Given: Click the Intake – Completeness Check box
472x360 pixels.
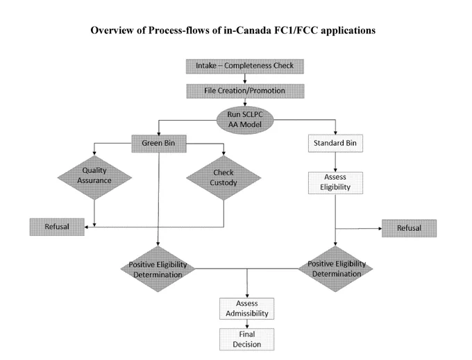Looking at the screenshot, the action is click(245, 66).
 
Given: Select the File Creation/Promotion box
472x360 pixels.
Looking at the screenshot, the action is click(245, 91).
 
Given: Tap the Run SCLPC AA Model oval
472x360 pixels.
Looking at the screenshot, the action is click(245, 120).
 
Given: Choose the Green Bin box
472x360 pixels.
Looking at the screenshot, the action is click(159, 144).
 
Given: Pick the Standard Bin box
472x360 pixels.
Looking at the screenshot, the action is click(335, 143).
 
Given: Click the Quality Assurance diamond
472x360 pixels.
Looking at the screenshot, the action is click(94, 178).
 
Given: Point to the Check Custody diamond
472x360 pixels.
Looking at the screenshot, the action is click(224, 178).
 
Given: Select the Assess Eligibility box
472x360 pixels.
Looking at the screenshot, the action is click(335, 183).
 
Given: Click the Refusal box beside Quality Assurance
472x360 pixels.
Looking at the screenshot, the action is click(57, 227).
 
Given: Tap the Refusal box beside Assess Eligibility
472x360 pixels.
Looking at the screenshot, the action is click(409, 228).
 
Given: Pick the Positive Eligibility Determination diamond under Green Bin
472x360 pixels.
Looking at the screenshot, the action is click(158, 269).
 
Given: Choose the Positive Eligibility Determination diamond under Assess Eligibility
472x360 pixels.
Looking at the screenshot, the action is click(336, 268).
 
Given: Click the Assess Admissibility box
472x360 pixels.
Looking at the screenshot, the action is click(247, 309).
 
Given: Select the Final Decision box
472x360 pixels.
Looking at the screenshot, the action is click(247, 339).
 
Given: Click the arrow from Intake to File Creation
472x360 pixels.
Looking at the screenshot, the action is click(245, 79).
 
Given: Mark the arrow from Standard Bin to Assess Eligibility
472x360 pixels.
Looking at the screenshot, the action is click(335, 162).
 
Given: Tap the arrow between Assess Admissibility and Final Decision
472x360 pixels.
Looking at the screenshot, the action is click(247, 324).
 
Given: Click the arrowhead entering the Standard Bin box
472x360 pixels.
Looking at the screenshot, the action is click(335, 133).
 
